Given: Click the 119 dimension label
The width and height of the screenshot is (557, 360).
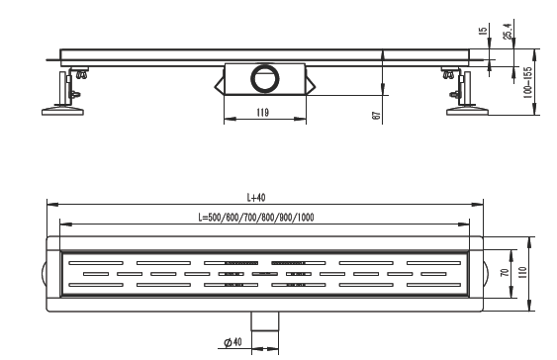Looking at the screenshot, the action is point(262,113).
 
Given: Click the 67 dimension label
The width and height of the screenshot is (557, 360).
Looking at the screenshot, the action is point(376,116).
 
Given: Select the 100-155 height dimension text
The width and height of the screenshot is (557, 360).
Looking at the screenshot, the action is point(528,82).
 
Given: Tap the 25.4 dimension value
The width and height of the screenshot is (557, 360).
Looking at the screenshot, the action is point(508,31).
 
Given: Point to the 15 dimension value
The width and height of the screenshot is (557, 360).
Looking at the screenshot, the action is point(483,31).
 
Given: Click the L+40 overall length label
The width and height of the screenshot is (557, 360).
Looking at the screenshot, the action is point(256,198).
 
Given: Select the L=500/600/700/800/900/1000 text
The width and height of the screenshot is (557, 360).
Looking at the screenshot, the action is point(256,218).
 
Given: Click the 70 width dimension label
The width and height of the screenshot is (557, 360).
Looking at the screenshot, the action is point(505,273).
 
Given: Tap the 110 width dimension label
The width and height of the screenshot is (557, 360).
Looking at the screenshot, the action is point(522,273).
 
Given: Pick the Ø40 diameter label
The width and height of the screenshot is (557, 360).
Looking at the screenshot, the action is point(233,342).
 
